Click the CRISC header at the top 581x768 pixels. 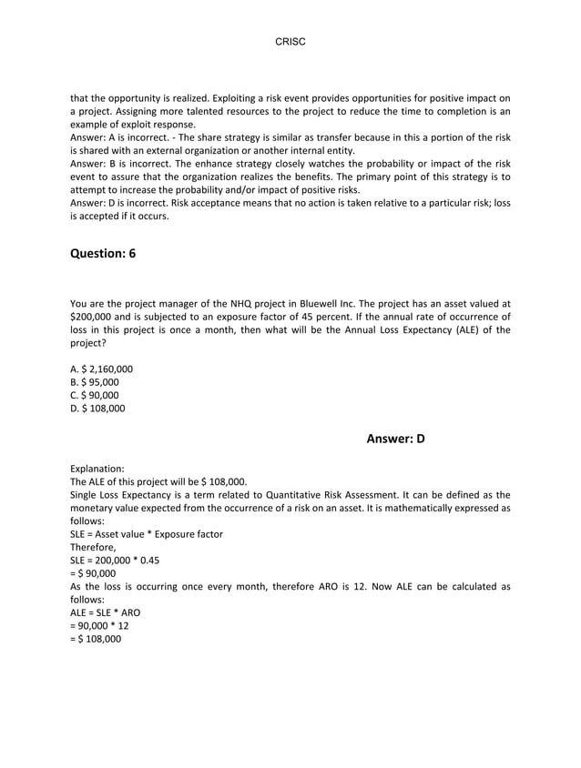[290, 42]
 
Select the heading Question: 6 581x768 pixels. [103, 253]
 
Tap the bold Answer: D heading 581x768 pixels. [395, 439]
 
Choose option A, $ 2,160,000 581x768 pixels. [101, 369]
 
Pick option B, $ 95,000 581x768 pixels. [95, 382]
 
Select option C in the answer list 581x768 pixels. [95, 395]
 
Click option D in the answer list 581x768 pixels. [97, 409]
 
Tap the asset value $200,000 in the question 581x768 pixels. [93, 318]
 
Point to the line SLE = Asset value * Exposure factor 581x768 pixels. [147, 534]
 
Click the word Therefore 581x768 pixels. [93, 548]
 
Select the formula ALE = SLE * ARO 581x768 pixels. [105, 613]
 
